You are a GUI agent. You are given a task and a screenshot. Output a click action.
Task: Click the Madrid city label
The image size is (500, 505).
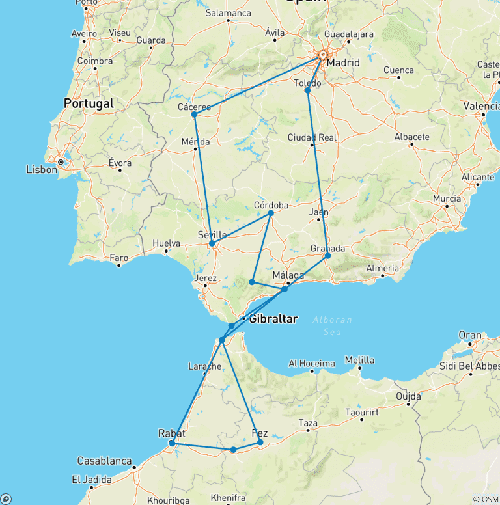point(343,63)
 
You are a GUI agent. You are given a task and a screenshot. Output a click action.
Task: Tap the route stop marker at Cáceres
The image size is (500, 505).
point(194,115)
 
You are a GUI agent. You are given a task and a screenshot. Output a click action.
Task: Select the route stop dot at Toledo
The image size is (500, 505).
point(307,90)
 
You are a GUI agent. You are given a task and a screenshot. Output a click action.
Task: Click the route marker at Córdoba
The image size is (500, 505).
point(271,213)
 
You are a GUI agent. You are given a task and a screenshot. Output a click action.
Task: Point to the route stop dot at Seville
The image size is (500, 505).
point(212,243)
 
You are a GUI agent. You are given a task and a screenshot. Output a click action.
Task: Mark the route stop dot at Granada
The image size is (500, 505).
point(327,256)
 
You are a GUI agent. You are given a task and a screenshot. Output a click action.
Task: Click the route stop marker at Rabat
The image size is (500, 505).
point(171,444)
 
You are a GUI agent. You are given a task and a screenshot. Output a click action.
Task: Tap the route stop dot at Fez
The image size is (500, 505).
point(260,443)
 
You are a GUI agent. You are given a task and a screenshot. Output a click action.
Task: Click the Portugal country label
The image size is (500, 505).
point(89,103)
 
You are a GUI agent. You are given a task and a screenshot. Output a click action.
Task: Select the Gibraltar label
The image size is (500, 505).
point(273,319)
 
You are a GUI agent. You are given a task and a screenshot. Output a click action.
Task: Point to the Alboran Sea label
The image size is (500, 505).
point(332,325)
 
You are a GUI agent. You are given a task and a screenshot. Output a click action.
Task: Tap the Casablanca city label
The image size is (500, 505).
point(105,461)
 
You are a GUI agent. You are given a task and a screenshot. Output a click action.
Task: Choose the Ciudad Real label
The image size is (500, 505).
point(312,137)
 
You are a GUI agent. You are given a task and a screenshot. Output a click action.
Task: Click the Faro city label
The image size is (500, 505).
point(119,258)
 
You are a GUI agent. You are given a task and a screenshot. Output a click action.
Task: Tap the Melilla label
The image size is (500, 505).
point(359,360)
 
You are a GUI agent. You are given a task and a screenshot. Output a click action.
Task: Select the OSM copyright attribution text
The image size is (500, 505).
point(485,499)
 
